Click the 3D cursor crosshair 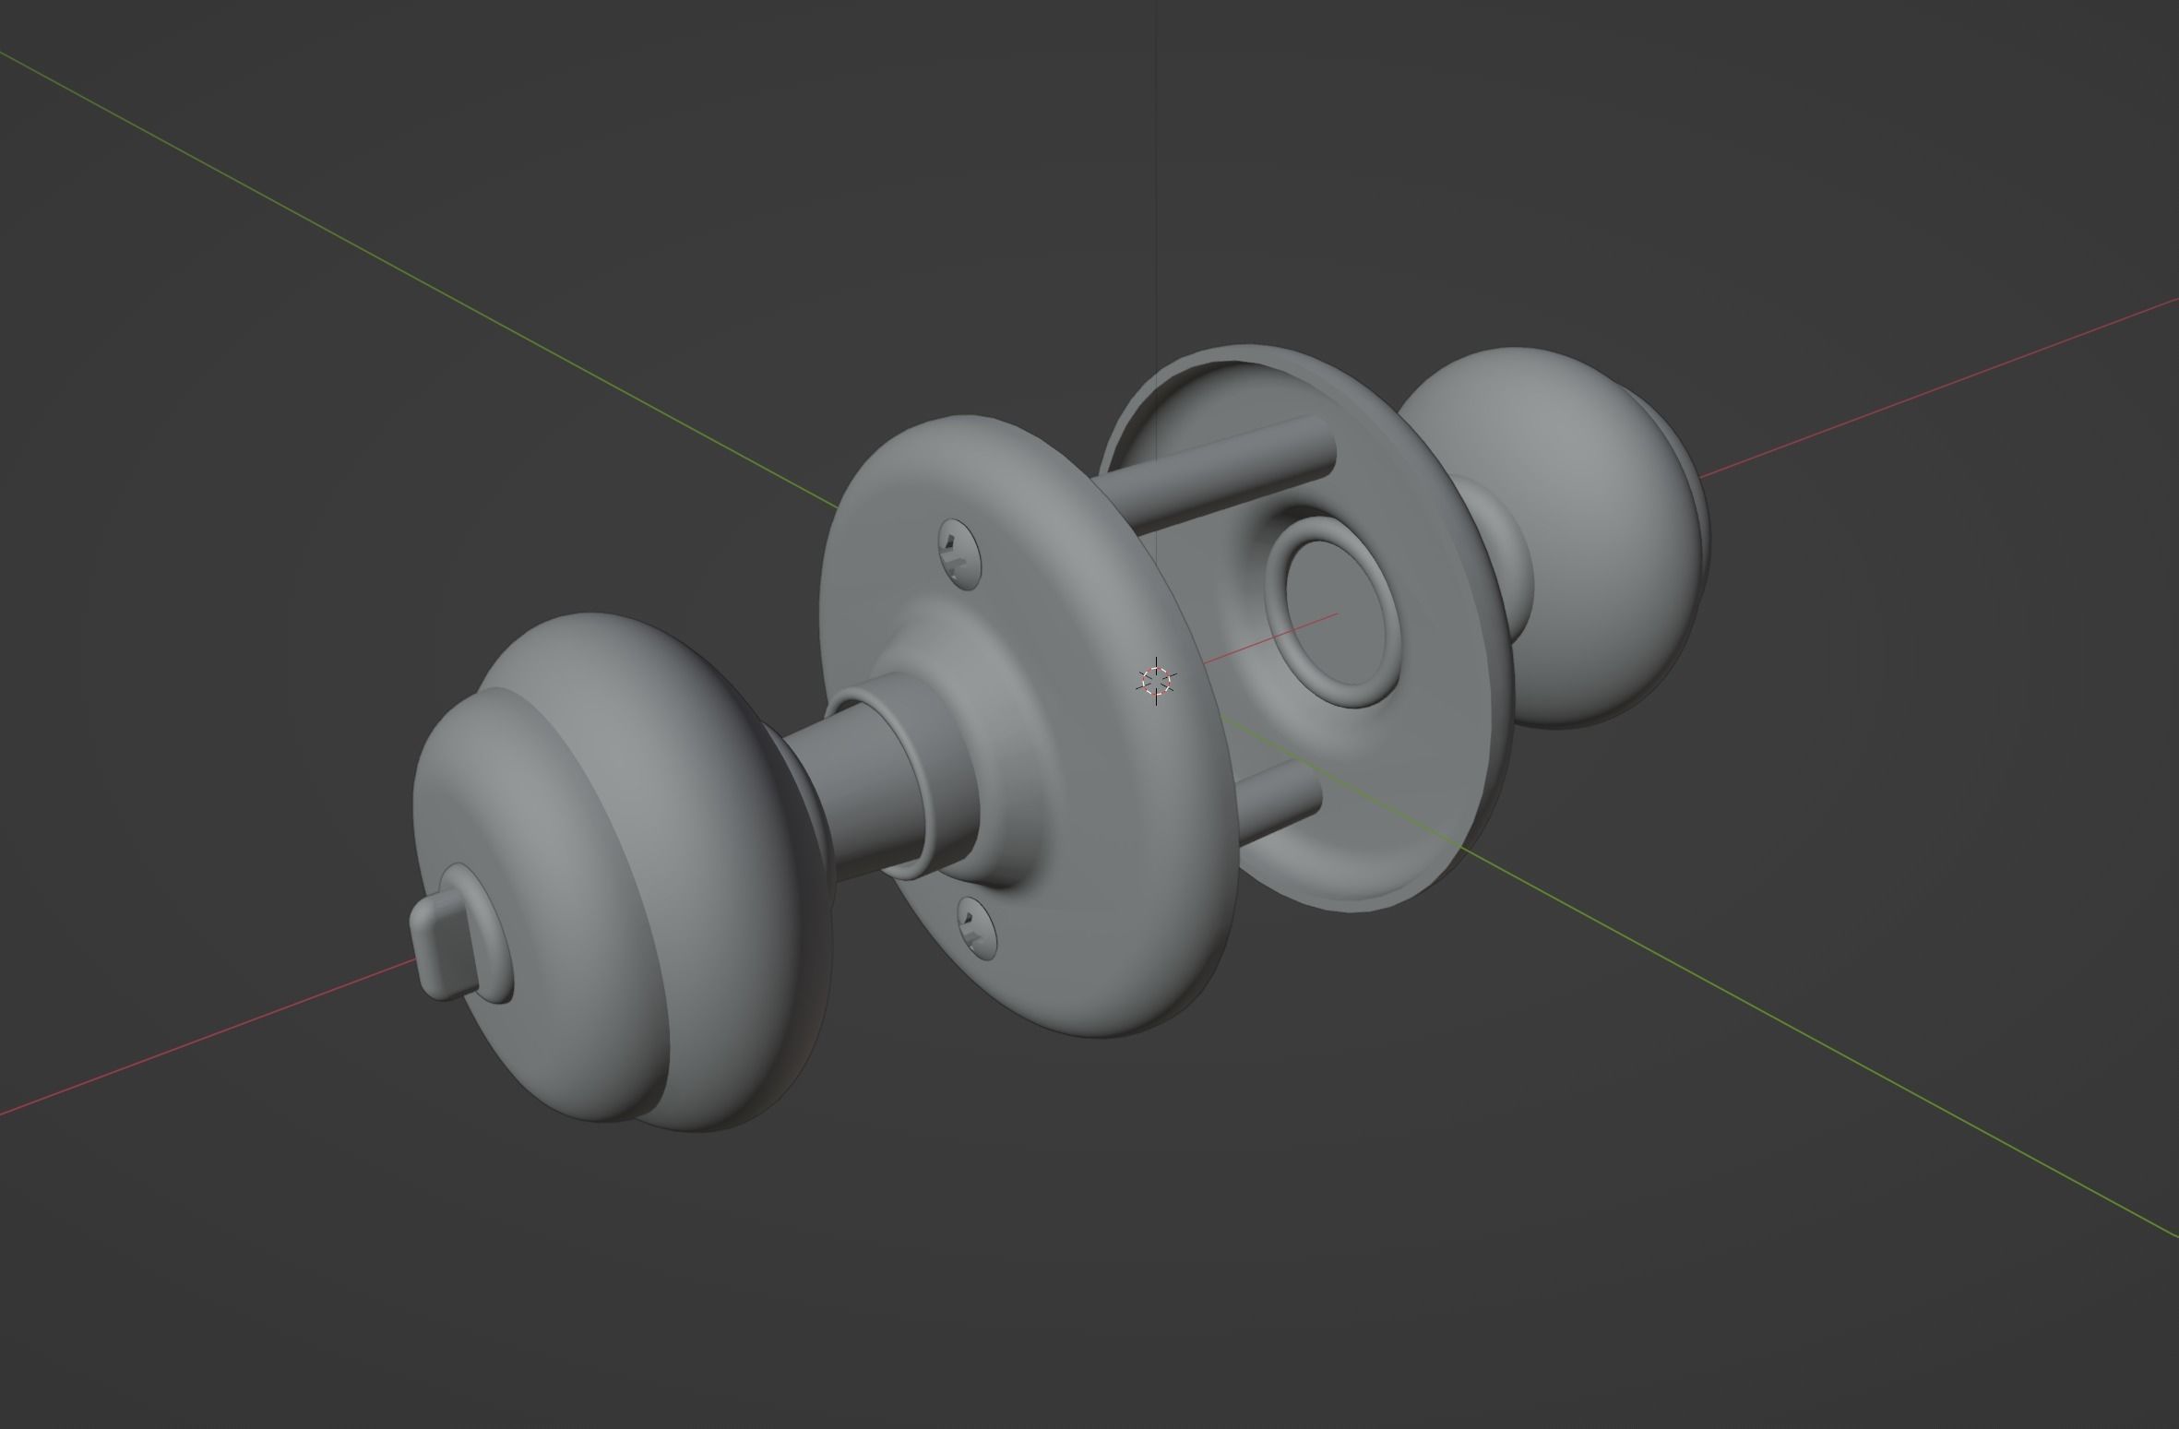pyautogui.click(x=1155, y=682)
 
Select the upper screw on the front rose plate pyautogui.click(x=959, y=554)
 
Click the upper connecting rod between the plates pyautogui.click(x=1236, y=470)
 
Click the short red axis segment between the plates pyautogui.click(x=1273, y=637)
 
